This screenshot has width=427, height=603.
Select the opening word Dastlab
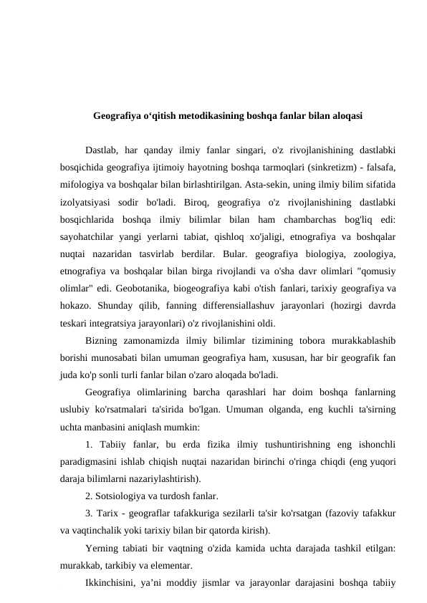101,150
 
